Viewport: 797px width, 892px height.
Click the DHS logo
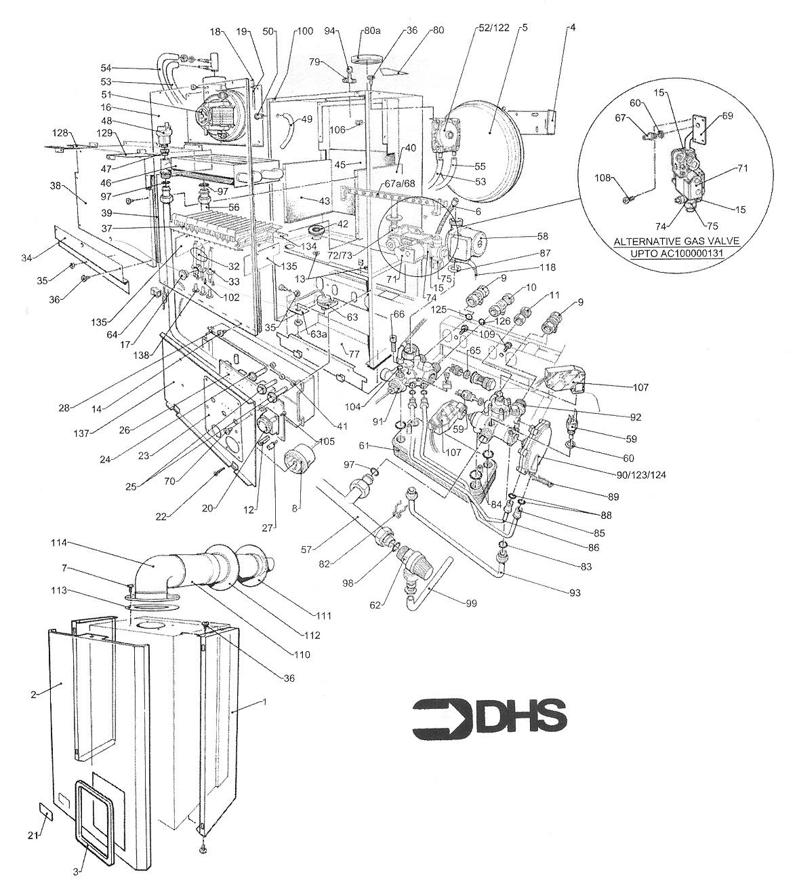coord(489,718)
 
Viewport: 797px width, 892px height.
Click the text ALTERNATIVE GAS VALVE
coord(676,241)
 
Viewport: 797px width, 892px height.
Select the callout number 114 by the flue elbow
coord(59,543)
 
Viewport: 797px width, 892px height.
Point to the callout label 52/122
coord(494,28)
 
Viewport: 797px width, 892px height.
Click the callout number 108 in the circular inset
coord(602,178)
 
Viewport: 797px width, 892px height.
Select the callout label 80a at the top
coord(372,31)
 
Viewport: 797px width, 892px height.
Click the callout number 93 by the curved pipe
coord(575,593)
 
